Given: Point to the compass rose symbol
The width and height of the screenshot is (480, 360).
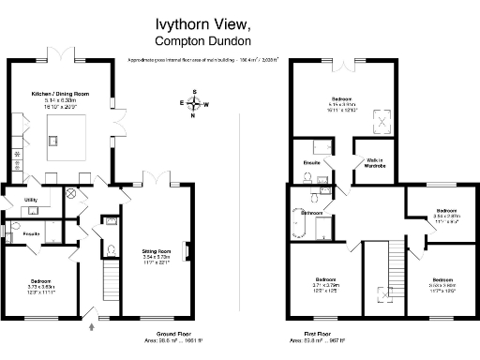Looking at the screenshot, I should (x=193, y=104).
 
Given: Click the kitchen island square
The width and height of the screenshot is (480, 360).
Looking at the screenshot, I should (x=67, y=127).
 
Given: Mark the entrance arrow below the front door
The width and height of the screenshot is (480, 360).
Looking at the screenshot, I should (x=92, y=327).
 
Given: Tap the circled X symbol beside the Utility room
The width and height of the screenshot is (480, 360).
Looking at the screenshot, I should (x=68, y=195).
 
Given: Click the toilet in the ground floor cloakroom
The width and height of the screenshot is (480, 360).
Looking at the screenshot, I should (x=111, y=250).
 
